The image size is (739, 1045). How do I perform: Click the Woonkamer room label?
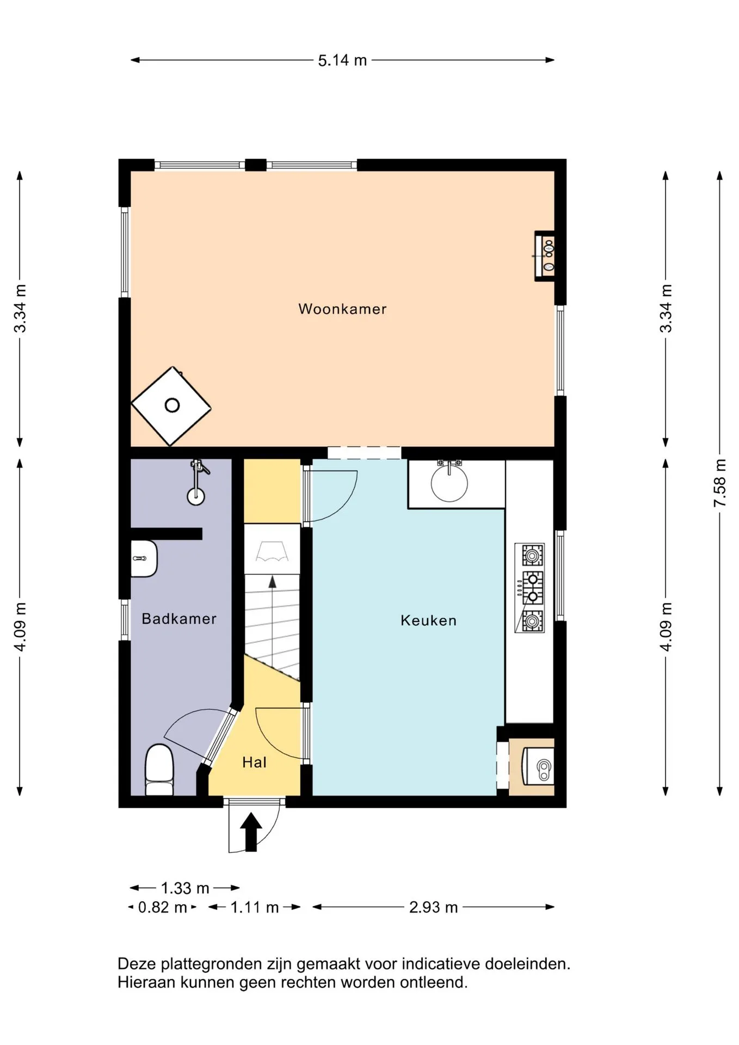pos(342,309)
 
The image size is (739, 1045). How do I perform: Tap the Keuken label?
pos(428,620)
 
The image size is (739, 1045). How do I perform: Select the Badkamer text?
pos(179,618)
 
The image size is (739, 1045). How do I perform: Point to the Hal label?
pos(254,762)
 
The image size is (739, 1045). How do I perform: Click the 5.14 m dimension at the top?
pos(342,60)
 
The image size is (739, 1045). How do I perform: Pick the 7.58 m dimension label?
pos(719,483)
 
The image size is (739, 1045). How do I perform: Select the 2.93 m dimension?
pos(433,907)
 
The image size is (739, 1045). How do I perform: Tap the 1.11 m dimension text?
pos(254,907)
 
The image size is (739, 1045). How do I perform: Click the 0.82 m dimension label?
pos(162,907)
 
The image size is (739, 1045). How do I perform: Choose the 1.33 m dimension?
pos(185,888)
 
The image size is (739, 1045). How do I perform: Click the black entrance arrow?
pos(251,832)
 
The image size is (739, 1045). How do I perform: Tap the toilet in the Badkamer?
pos(159,770)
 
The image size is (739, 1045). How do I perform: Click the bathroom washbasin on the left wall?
pos(144,558)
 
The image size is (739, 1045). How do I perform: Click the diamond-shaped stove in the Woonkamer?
pos(171,406)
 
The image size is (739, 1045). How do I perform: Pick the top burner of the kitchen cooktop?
pos(533,556)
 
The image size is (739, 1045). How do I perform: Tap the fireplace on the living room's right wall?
pos(545,256)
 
